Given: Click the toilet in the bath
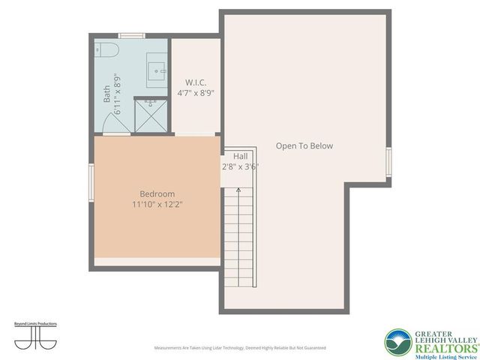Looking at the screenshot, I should (106, 50).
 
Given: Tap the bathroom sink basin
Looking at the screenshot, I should (157, 71).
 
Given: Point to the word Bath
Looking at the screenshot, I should (106, 94).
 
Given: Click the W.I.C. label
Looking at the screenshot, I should (196, 82).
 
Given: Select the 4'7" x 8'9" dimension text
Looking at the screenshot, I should (196, 93).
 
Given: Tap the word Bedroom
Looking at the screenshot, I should (157, 193).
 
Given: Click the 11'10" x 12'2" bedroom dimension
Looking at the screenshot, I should (157, 204).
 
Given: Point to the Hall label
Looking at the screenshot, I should (241, 156).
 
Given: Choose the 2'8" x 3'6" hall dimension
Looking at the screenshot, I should (240, 167).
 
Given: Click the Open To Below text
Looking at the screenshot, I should (304, 146).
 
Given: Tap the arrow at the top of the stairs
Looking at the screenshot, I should (238, 192).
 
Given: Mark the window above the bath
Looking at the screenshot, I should (132, 35).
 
